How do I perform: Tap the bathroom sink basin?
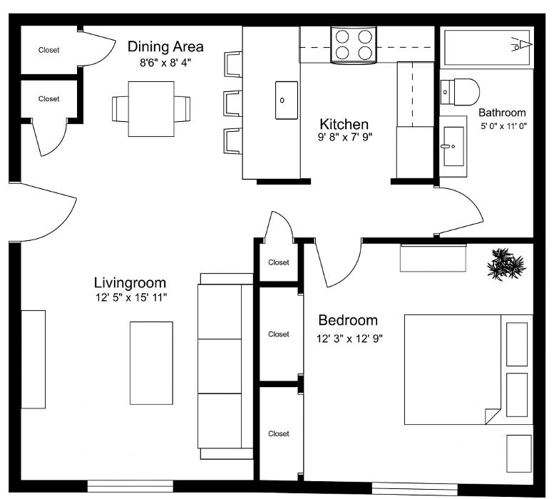click(x=455, y=146)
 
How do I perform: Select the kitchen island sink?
click(x=287, y=100)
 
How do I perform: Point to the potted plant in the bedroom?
click(x=506, y=263)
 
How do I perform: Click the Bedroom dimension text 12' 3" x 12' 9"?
click(x=351, y=339)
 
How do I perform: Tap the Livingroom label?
click(x=130, y=282)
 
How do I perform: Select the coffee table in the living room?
click(x=150, y=362)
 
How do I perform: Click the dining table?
click(x=150, y=108)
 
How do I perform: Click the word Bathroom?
click(x=502, y=113)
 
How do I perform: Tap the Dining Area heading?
click(x=165, y=47)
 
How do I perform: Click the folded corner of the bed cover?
click(x=493, y=416)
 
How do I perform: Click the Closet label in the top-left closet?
click(x=49, y=50)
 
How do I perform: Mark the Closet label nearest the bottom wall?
click(x=279, y=433)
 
